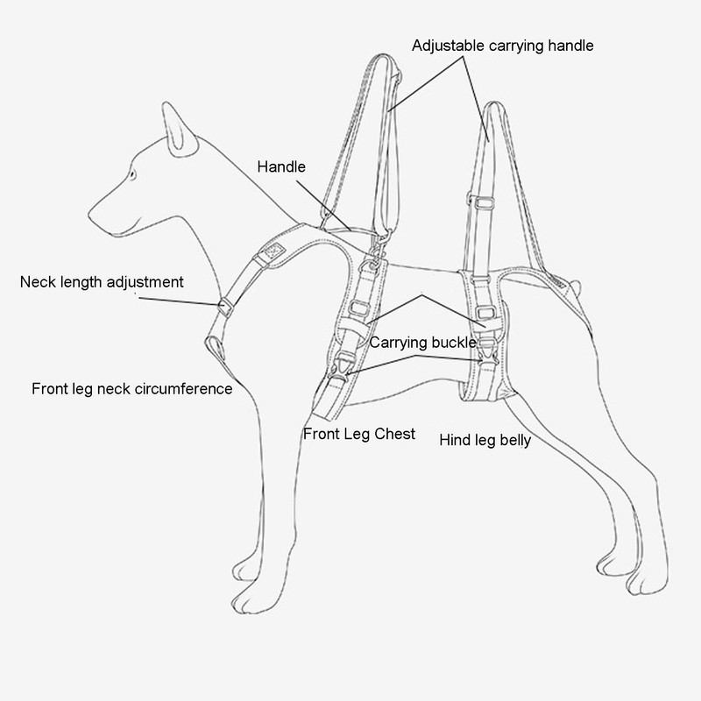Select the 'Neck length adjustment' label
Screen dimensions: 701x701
pos(102,282)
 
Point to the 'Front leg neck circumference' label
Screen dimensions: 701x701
pos(131,388)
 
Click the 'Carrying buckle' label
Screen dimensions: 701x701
pos(422,342)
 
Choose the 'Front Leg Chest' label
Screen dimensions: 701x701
pos(359,435)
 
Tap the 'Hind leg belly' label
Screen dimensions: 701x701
pos(485,440)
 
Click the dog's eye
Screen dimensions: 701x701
pos(132,173)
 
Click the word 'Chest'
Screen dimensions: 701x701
pos(395,435)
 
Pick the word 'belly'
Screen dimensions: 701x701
pos(513,440)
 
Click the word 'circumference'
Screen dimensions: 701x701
pos(187,388)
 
